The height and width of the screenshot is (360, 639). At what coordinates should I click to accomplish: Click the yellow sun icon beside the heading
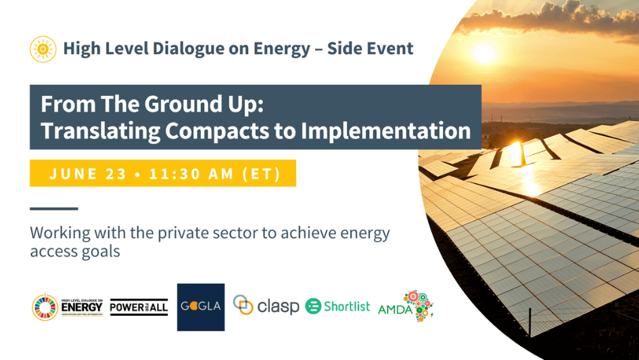(x=43, y=49)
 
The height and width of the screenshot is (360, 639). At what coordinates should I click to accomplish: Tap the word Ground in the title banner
(x=139, y=105)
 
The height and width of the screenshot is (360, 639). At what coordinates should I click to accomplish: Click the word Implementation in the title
(x=390, y=131)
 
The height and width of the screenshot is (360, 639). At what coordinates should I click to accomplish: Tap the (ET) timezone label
(x=261, y=173)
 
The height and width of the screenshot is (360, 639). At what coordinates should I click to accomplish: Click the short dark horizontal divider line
(x=54, y=208)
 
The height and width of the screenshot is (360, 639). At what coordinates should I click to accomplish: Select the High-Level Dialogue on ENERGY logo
(x=68, y=307)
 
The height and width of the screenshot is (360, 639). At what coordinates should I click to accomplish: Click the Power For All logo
(x=139, y=307)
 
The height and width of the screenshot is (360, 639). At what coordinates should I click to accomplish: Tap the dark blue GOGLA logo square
(x=201, y=307)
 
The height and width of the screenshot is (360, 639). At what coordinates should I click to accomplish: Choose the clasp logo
(x=266, y=307)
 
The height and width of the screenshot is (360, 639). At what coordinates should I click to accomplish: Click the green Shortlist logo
(x=338, y=307)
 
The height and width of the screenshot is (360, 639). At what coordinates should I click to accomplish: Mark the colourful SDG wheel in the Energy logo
(x=45, y=307)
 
